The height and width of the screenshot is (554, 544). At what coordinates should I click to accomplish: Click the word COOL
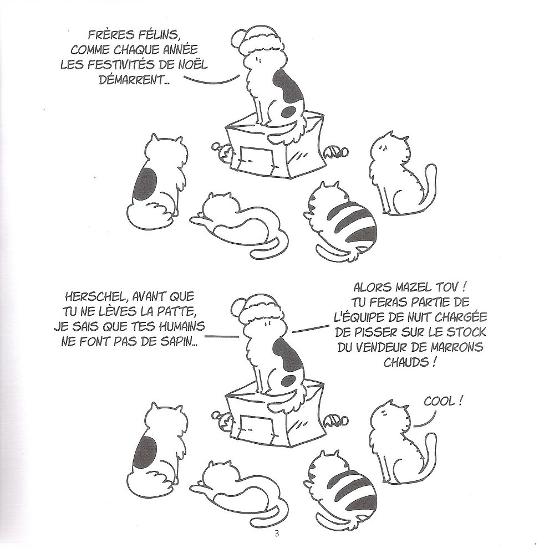(440, 402)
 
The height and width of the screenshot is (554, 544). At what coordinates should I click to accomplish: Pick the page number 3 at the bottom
(277, 543)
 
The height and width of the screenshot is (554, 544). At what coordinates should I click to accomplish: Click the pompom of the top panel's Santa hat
(240, 37)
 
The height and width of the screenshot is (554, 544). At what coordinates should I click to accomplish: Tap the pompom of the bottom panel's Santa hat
(240, 305)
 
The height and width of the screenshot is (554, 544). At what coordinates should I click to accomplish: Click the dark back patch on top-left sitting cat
(145, 184)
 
